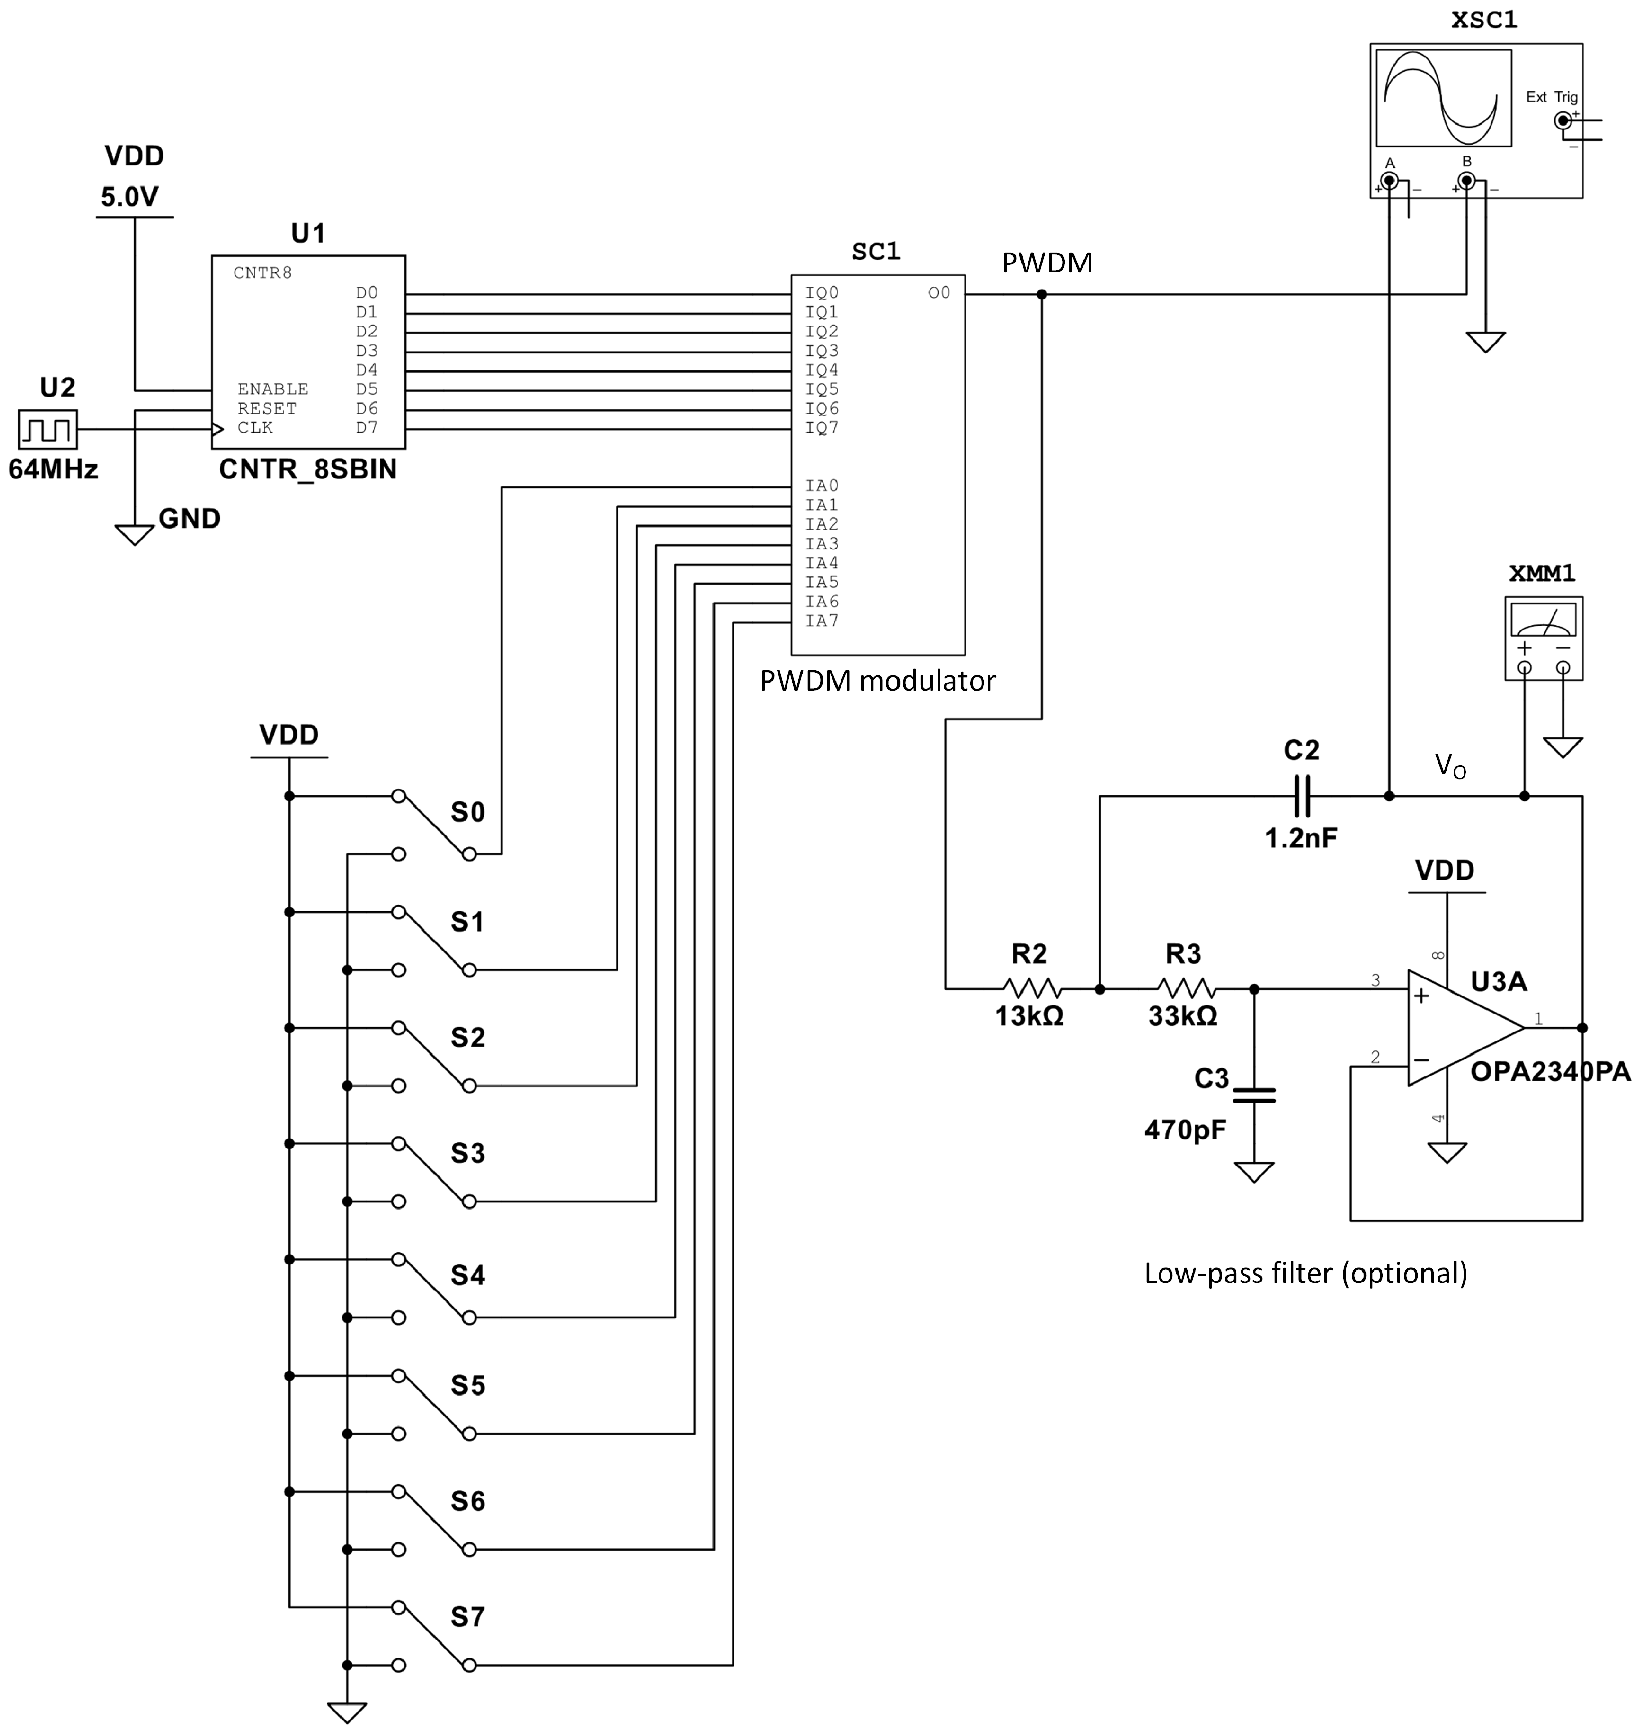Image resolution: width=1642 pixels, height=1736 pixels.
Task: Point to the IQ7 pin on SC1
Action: (x=821, y=428)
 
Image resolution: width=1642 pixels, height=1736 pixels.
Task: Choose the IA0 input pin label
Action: (x=821, y=486)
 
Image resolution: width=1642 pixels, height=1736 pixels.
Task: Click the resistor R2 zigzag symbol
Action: (x=1032, y=989)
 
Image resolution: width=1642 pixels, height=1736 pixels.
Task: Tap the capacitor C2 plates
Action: (x=1302, y=796)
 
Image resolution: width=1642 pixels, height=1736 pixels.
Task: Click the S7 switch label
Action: (x=468, y=1617)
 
